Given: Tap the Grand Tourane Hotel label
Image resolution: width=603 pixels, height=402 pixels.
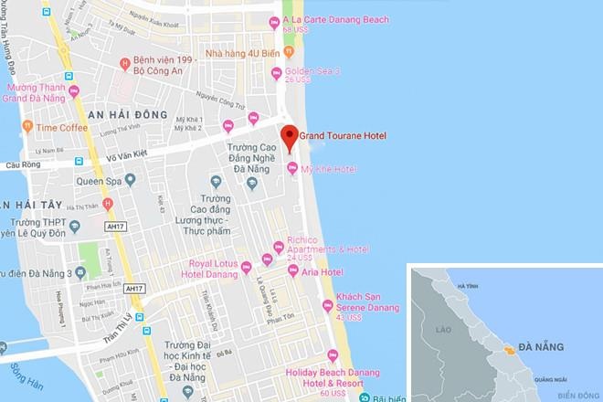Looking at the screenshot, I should coord(344,136).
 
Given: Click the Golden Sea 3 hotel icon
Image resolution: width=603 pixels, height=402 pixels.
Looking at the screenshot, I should coord(277,71).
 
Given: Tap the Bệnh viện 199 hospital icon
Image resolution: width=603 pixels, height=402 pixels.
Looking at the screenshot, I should coord(125,63).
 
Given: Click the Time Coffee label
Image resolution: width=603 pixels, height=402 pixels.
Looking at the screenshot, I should coord(62,127).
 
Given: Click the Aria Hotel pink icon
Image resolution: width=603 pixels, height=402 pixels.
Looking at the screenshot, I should coord(293,271).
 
